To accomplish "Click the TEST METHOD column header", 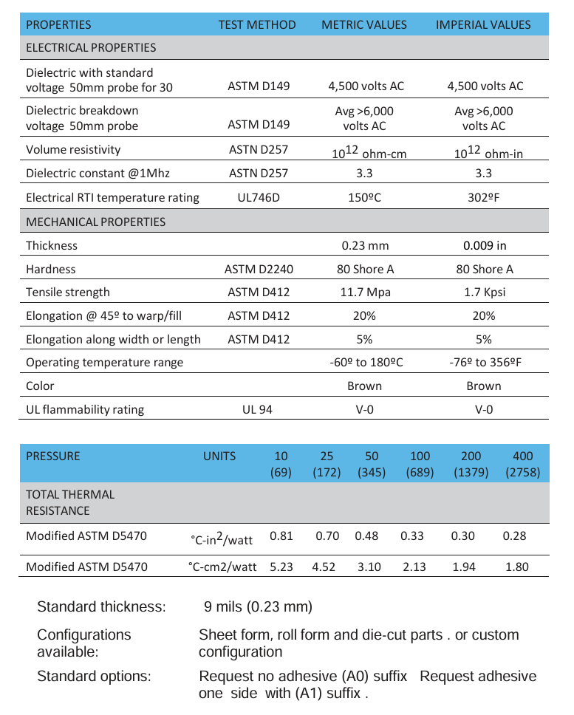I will [x=257, y=24].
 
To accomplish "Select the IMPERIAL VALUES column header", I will [x=483, y=24].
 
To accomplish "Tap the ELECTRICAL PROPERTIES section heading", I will [x=91, y=47].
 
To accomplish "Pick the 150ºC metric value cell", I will [x=366, y=197].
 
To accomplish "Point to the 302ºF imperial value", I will [x=485, y=197].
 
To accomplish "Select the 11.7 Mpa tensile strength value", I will [x=366, y=292].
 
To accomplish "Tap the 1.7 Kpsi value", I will [x=485, y=292].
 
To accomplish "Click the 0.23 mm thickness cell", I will [x=366, y=245].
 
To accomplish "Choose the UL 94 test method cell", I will [x=257, y=408].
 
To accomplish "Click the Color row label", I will [x=40, y=386].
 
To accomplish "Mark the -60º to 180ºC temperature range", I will [x=366, y=362].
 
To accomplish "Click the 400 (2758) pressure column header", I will [x=523, y=464].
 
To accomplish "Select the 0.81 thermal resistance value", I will [x=281, y=536].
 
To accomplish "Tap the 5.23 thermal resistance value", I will [x=281, y=567].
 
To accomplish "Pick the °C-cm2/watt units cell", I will [x=222, y=567].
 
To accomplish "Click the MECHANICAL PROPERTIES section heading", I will [x=96, y=222].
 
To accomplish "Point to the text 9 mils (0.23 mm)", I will [x=258, y=607].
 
